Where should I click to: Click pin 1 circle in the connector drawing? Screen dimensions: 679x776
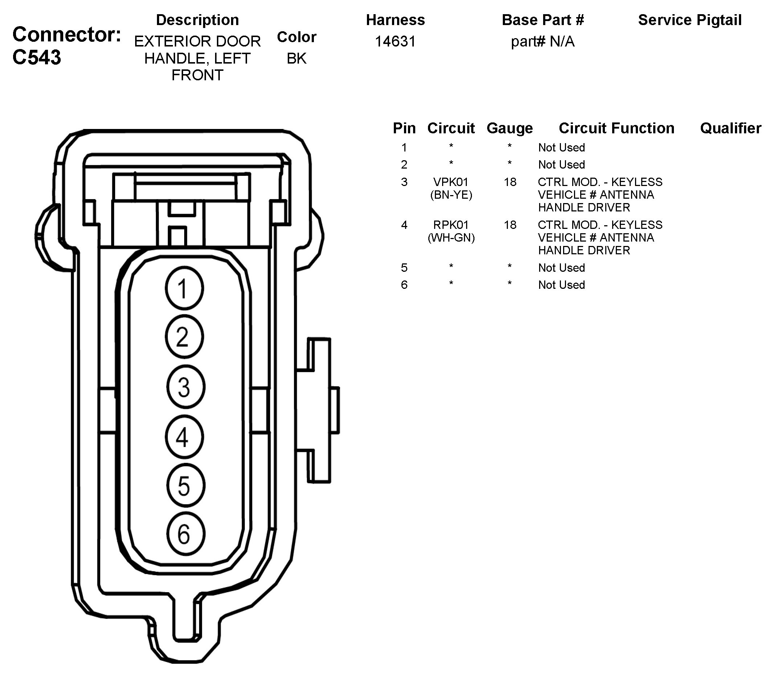click(184, 288)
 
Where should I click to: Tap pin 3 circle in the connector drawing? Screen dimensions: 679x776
click(185, 387)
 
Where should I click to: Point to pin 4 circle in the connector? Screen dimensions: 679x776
click(184, 437)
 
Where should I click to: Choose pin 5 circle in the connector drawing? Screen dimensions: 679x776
click(185, 486)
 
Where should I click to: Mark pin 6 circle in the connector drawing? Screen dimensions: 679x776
click(185, 534)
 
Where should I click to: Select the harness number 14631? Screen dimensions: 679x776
click(395, 41)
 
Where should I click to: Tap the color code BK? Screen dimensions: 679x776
click(296, 59)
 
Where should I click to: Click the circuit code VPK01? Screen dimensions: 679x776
click(451, 182)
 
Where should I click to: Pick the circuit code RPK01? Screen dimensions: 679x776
click(451, 225)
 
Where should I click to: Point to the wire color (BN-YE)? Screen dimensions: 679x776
click(451, 195)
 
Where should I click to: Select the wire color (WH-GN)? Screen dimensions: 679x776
click(451, 238)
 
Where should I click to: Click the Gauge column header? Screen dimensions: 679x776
click(510, 129)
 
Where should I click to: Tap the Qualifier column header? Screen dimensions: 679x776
click(731, 129)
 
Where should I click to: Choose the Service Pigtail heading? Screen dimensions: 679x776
click(690, 20)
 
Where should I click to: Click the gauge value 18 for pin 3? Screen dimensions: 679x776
click(510, 182)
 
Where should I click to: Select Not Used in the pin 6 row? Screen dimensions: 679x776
click(562, 285)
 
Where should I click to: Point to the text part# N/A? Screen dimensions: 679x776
click(543, 42)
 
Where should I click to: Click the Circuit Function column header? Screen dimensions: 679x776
click(617, 129)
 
